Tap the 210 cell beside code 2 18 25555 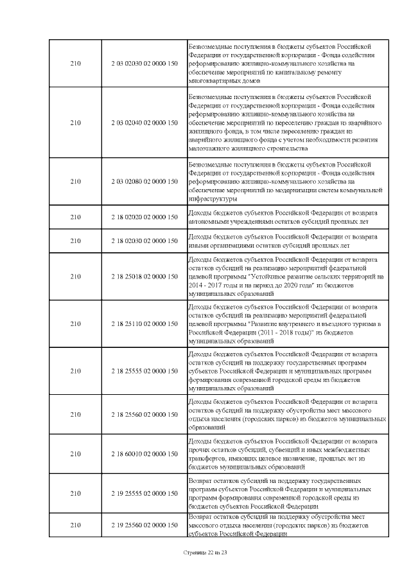click(76, 371)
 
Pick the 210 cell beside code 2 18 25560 click(76, 415)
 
